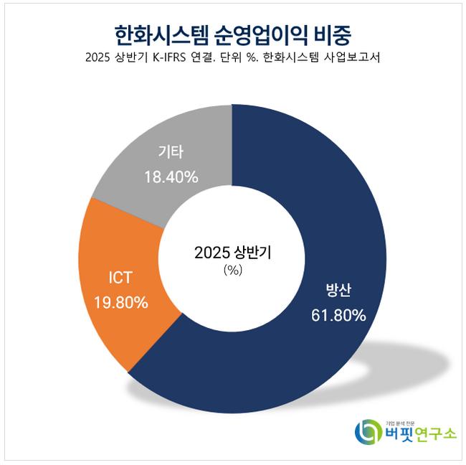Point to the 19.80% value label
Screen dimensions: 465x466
121,302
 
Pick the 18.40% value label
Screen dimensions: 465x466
171,177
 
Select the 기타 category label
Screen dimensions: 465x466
171,153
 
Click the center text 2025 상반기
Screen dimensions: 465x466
233,253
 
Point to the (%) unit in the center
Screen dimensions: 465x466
233,271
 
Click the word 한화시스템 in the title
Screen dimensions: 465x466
158,34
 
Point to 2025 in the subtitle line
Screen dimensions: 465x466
98,59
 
